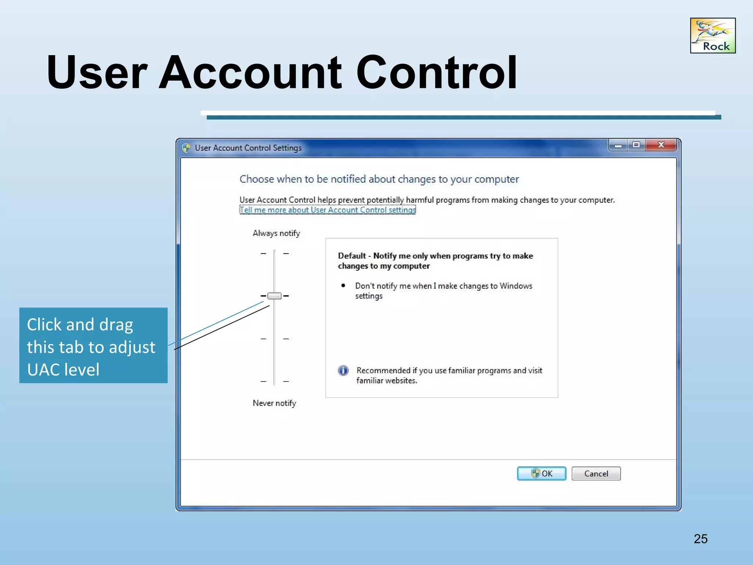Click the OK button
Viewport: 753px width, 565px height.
[541, 473]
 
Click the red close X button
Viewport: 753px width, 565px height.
[661, 145]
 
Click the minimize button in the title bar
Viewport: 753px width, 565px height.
[618, 146]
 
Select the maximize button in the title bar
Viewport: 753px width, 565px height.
[636, 145]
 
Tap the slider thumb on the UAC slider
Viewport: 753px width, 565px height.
[274, 296]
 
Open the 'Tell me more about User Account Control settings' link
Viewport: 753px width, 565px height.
[328, 210]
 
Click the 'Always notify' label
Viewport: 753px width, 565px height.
[276, 233]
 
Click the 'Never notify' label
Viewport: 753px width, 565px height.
[274, 403]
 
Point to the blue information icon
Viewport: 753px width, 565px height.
[343, 370]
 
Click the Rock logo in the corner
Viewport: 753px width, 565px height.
[713, 36]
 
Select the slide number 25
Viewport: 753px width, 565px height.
[700, 539]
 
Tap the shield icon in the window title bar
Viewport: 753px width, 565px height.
[186, 148]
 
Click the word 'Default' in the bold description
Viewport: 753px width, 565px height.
[352, 256]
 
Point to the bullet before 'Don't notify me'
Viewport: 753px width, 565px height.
[343, 285]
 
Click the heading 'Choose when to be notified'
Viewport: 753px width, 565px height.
[379, 179]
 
